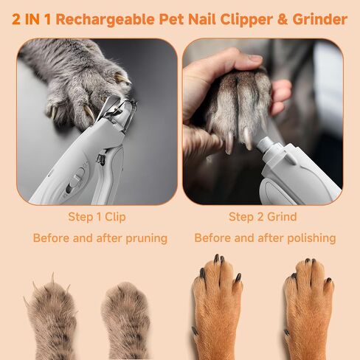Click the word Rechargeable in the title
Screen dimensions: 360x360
(105, 20)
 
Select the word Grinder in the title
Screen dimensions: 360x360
(320, 19)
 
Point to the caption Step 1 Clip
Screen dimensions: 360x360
(97, 217)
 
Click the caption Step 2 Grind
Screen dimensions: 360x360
(263, 217)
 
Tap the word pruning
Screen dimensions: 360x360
(147, 238)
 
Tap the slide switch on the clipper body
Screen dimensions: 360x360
(77, 179)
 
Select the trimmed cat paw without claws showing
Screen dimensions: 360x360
(126, 319)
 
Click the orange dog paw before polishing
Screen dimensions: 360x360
(216, 308)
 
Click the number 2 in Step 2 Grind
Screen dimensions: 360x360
(261, 217)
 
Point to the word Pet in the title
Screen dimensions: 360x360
(171, 19)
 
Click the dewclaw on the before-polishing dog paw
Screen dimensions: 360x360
(195, 331)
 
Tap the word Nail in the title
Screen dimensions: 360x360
(202, 19)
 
